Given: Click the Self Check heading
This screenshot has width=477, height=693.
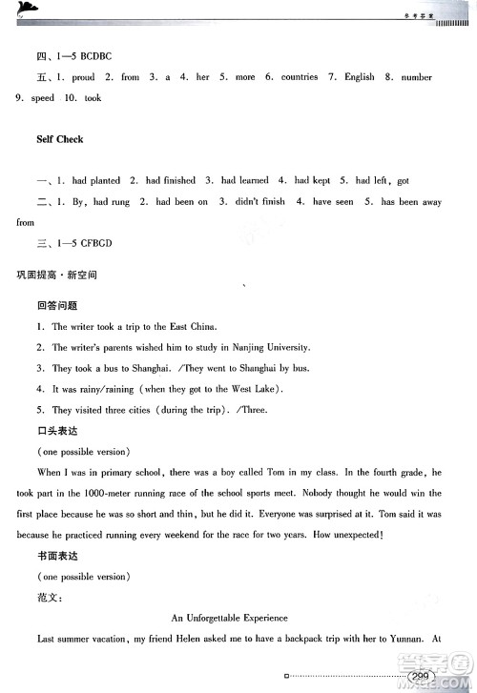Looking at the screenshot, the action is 59,139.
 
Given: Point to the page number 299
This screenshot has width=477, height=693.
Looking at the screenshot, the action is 421,677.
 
